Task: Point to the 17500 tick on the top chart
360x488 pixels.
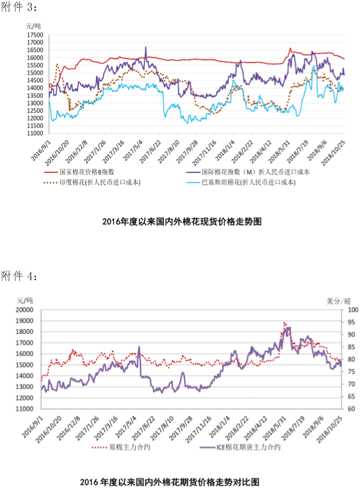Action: click(35, 35)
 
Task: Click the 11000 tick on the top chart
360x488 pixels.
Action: click(35, 133)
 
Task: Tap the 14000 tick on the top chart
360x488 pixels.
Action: click(35, 88)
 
